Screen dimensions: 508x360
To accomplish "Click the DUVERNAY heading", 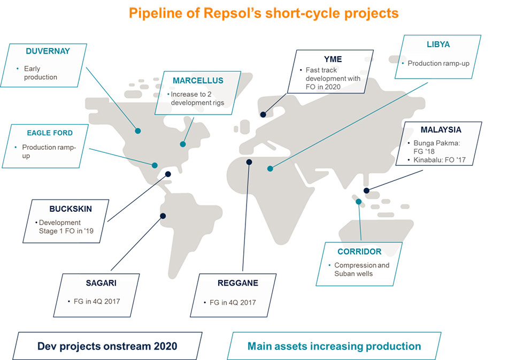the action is click(48, 51).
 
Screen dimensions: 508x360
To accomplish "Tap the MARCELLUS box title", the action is click(198, 81).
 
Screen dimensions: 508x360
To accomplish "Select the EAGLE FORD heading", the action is click(50, 133).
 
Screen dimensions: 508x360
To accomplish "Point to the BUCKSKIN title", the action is click(71, 209).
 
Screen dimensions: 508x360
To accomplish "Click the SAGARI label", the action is click(101, 283).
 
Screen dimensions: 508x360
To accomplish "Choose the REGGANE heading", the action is click(238, 283).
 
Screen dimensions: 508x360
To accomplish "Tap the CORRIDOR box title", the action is click(359, 252).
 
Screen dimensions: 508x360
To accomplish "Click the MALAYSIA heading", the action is click(441, 130).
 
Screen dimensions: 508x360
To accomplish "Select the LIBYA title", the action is click(438, 44).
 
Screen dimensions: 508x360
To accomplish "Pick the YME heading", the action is click(333, 59).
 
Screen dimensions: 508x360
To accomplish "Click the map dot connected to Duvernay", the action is click(138, 131).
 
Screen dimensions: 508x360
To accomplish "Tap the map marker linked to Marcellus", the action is click(183, 144).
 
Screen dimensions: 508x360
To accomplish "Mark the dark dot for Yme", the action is click(264, 114).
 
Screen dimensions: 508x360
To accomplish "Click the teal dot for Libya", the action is click(270, 168).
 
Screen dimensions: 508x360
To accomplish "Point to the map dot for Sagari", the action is click(163, 216).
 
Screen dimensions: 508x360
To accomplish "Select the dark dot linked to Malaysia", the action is click(366, 190).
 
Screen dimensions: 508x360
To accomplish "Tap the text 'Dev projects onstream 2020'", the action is click(107, 346).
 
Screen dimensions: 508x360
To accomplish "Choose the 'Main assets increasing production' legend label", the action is click(334, 346).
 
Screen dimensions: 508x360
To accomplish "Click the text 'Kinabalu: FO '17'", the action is click(440, 160).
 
